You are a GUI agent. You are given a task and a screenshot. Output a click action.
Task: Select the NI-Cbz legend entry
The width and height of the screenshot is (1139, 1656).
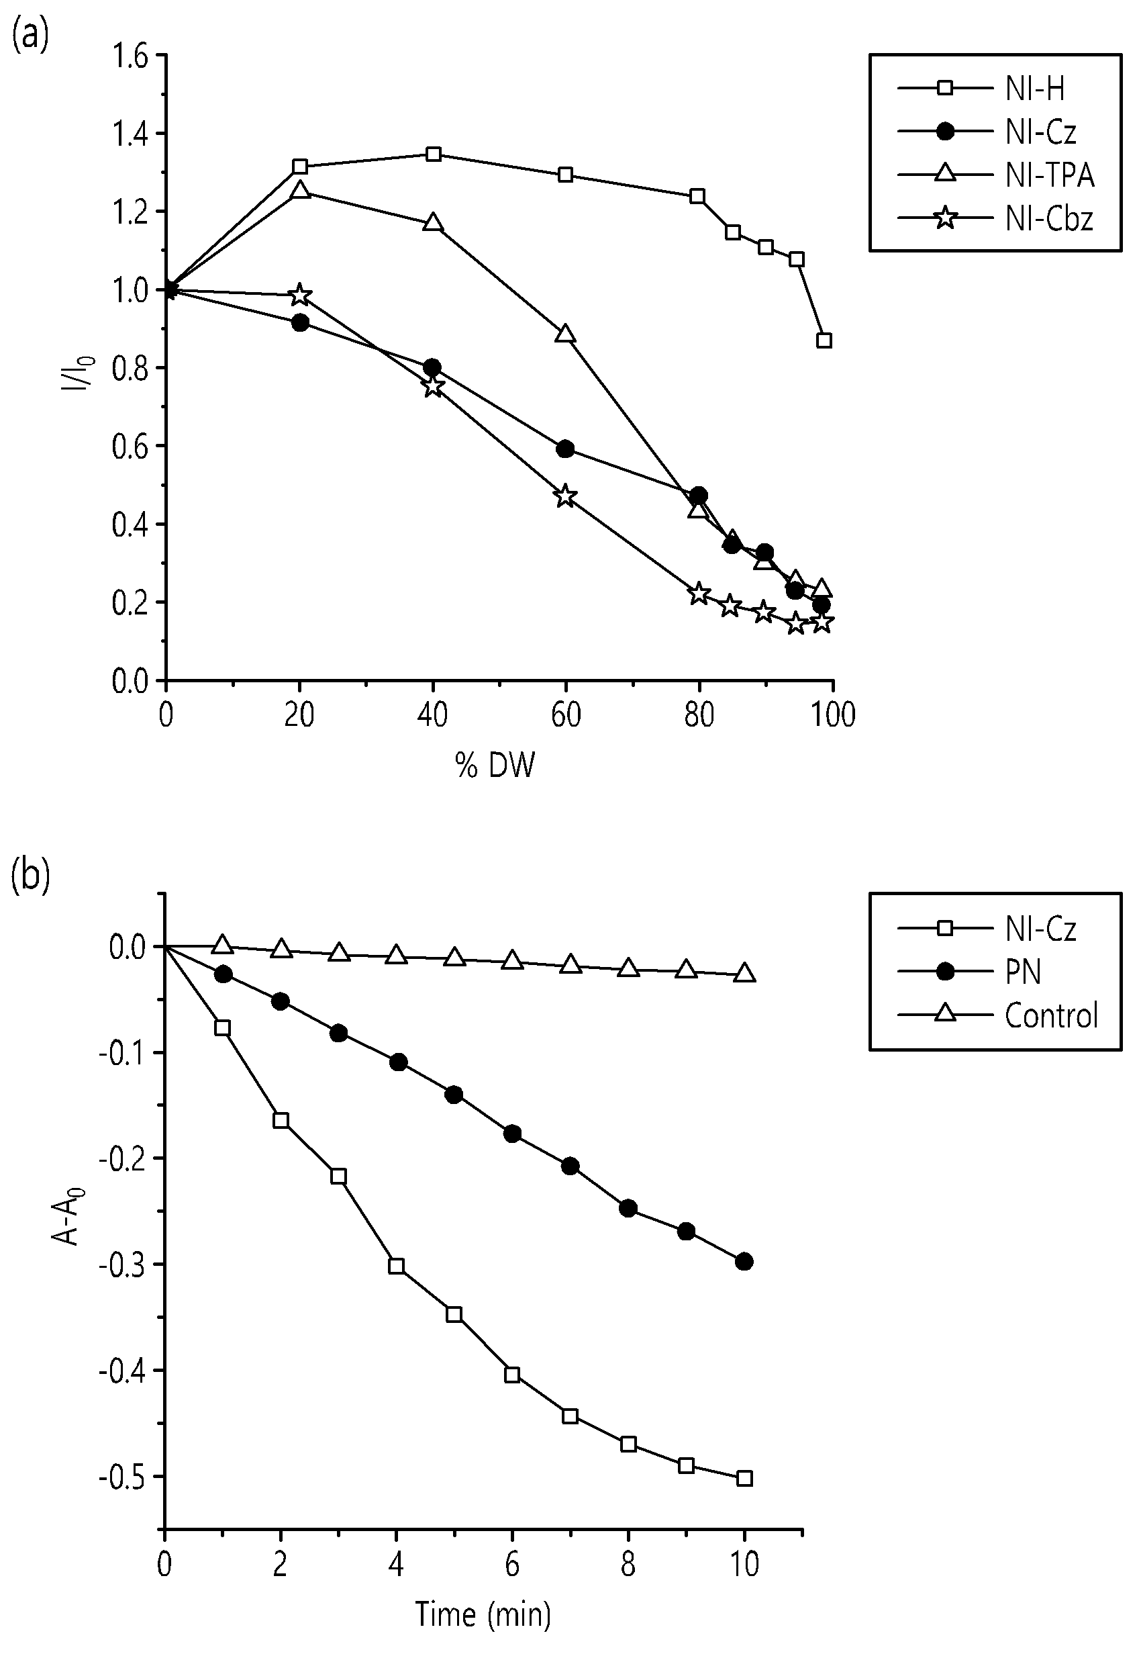[995, 218]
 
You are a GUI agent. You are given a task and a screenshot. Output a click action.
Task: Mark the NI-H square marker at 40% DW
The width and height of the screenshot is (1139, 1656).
[433, 154]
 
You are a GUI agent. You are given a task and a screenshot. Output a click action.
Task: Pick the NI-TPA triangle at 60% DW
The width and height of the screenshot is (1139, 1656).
[566, 334]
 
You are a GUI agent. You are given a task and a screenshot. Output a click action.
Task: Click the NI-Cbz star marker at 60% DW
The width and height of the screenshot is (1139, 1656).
[564, 495]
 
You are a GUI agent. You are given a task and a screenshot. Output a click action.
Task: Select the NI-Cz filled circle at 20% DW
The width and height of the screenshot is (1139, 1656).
[301, 323]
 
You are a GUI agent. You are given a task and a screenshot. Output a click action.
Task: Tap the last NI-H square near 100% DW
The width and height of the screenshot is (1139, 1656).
[824, 340]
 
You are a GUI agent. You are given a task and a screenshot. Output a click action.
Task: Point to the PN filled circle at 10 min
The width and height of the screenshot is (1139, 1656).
[744, 1262]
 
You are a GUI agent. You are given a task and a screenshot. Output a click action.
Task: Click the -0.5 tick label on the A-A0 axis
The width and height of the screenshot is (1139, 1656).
[126, 1476]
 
